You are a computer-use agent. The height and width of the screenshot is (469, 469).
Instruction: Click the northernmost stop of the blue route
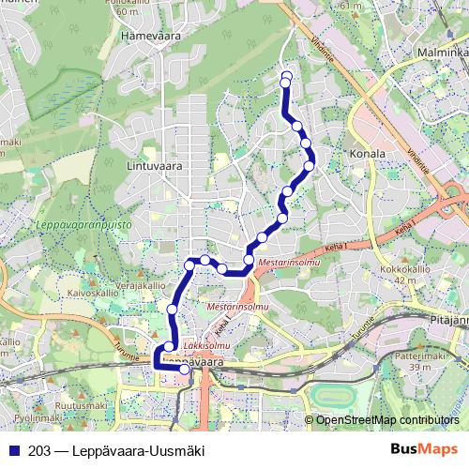286,76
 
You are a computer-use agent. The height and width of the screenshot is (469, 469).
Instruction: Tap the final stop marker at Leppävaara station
185,370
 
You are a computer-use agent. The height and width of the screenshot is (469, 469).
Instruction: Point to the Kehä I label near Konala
404,229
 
